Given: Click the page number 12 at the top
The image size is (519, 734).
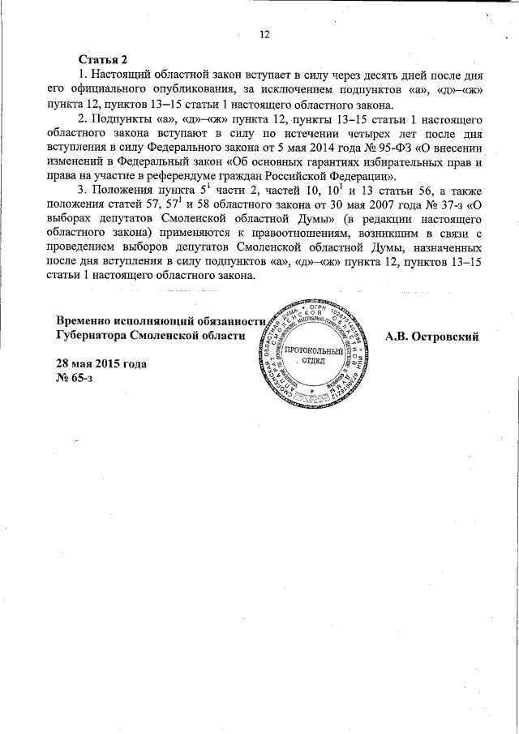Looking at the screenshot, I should click(x=264, y=33).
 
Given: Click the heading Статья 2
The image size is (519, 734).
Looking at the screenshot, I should click(x=103, y=60).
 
